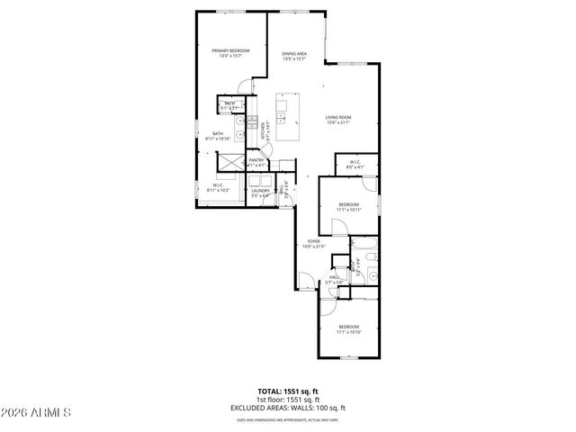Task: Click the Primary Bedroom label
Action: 230,53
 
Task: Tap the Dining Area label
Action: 295,56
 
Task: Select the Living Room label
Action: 337,119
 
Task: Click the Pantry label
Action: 256,163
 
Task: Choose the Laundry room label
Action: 261,192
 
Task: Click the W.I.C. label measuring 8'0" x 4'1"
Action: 355,165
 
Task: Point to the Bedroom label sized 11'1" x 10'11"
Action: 349,207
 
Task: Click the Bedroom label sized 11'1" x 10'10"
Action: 348,328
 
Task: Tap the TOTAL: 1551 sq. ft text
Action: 288,391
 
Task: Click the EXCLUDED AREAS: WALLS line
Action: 288,409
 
